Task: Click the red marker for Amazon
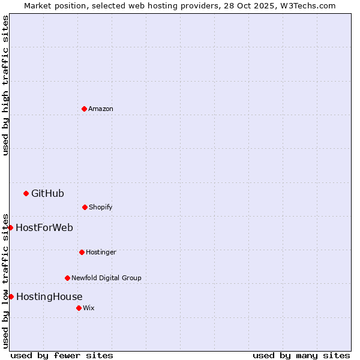(84, 109)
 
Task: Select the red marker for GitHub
(26, 193)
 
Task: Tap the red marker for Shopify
(85, 207)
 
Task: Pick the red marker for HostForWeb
(10, 227)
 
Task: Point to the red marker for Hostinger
(82, 252)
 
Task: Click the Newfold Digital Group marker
(67, 278)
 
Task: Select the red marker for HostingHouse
(11, 296)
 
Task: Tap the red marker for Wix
(79, 308)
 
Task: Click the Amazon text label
(101, 109)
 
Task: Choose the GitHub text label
(47, 193)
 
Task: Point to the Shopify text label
(101, 207)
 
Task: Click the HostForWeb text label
(44, 227)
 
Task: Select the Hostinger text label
(101, 252)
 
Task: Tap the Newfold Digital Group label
(106, 278)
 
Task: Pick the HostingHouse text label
(49, 296)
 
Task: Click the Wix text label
(89, 308)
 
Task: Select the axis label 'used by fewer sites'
(62, 355)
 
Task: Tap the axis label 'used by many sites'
(301, 355)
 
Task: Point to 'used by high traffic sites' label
(5, 85)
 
